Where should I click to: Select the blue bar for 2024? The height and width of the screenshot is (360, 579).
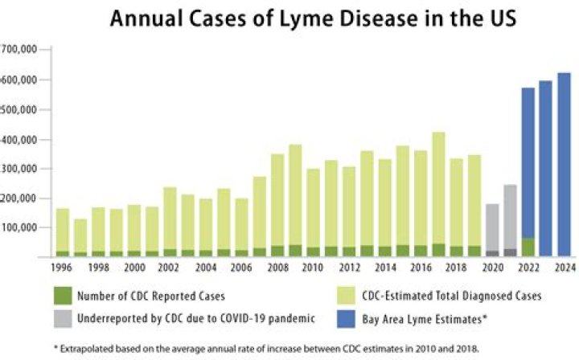pyautogui.click(x=565, y=165)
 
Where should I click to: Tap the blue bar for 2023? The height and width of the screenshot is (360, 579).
pyautogui.click(x=546, y=169)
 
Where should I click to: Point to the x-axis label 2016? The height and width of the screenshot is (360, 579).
pyautogui.click(x=420, y=267)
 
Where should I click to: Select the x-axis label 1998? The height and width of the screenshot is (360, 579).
pyautogui.click(x=98, y=267)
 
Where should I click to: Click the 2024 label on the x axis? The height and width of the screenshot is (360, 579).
pyautogui.click(x=565, y=267)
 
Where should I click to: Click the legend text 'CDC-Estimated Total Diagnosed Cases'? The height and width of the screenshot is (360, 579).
pyautogui.click(x=454, y=296)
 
